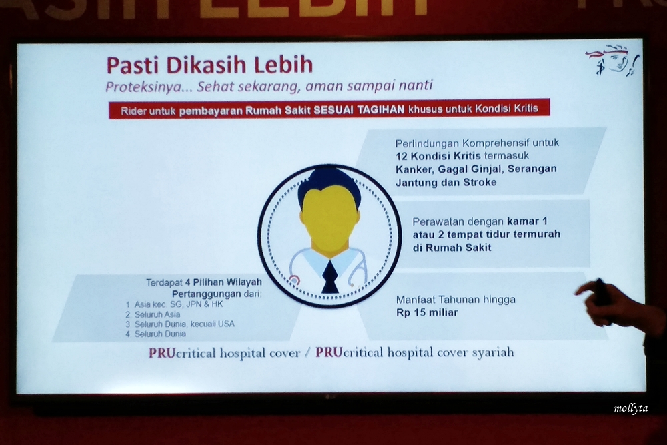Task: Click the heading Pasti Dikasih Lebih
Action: pos(209,65)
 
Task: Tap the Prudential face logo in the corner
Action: pos(613,61)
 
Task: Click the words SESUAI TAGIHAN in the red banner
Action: pos(359,110)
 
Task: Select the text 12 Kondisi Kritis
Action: pos(438,156)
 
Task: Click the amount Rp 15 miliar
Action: pos(427,313)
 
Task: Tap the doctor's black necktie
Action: pos(329,277)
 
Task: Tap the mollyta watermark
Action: pos(631,408)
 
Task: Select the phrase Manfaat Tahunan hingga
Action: pos(456,300)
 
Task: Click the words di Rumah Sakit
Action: pos(452,248)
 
